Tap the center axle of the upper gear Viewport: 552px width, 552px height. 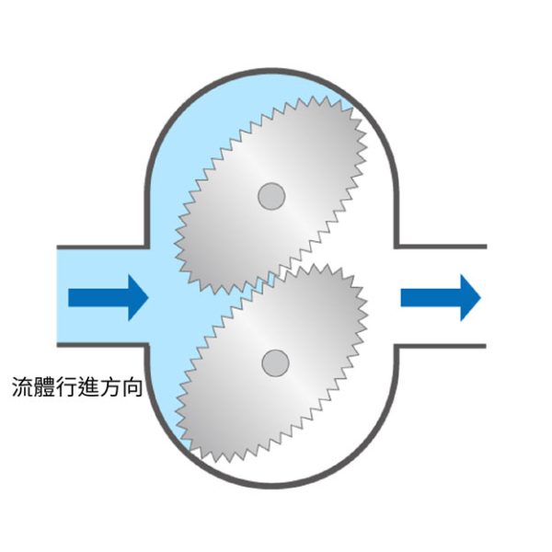[270, 195]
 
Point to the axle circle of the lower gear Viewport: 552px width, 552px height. [273, 362]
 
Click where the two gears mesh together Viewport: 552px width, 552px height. [276, 276]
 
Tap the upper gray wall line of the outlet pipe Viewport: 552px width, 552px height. [442, 247]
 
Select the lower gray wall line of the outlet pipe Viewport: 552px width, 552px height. [442, 346]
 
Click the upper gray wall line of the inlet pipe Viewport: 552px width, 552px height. [101, 247]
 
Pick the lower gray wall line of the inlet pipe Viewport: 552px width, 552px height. [101, 346]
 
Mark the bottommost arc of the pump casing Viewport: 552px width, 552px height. [271, 484]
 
